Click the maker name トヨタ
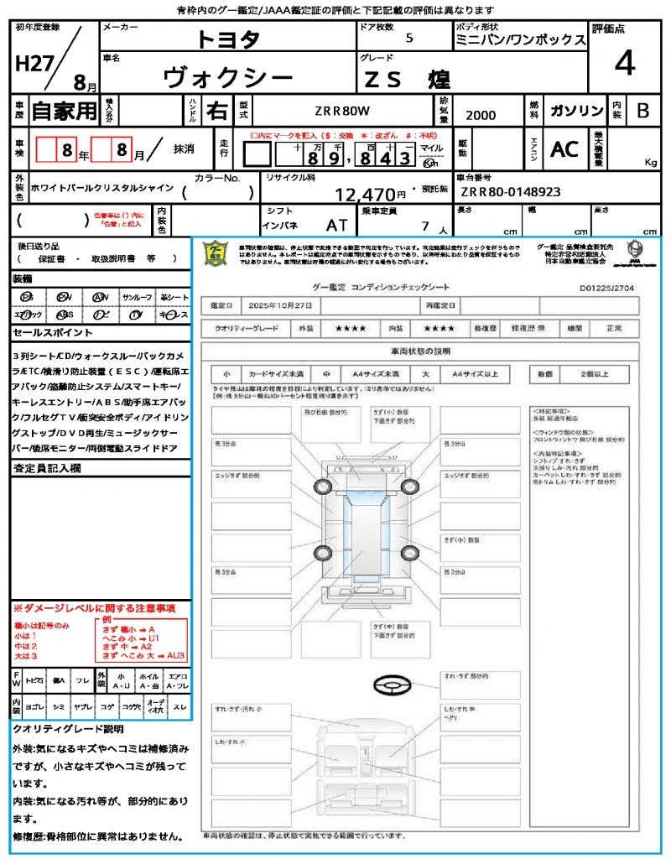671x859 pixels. click(x=228, y=39)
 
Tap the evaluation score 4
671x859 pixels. click(x=624, y=64)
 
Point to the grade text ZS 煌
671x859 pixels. click(x=408, y=80)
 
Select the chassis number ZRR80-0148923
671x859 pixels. click(x=511, y=192)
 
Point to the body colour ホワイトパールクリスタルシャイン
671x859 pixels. click(x=101, y=188)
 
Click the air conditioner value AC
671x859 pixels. click(x=564, y=149)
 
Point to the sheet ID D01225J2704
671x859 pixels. click(x=608, y=287)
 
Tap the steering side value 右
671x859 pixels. click(x=216, y=111)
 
